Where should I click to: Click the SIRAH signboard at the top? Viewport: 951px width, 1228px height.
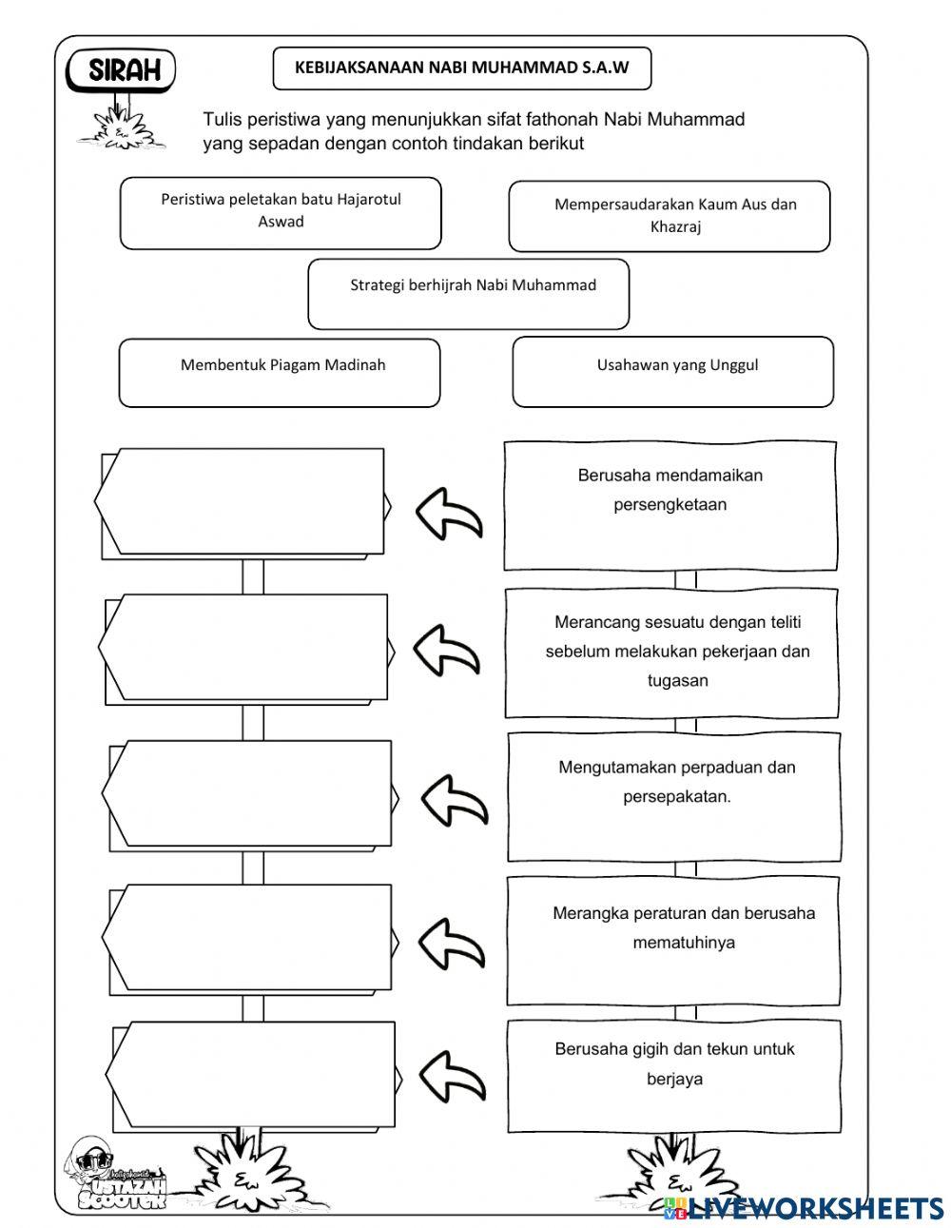coord(122,70)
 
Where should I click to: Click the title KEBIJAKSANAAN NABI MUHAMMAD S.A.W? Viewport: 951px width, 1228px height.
coord(462,68)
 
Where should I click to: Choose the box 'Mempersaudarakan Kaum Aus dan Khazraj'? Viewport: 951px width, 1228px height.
coord(670,216)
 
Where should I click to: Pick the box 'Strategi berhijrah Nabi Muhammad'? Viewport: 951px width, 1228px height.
coord(469,293)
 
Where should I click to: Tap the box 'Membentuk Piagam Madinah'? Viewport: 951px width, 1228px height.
coord(280,372)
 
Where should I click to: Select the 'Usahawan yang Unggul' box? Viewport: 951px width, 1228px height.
coord(673,371)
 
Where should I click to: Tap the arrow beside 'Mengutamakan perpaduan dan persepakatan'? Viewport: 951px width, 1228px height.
coord(453,798)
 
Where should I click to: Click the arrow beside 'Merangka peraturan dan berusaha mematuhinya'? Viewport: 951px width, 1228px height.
coord(451,944)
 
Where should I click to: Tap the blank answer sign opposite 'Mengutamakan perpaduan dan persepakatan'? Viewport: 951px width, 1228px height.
coord(247,794)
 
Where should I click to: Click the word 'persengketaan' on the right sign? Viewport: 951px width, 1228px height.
coord(670,505)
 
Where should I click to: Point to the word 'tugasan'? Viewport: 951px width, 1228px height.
coord(677,681)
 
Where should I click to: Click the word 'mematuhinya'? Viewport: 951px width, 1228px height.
coord(683,944)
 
